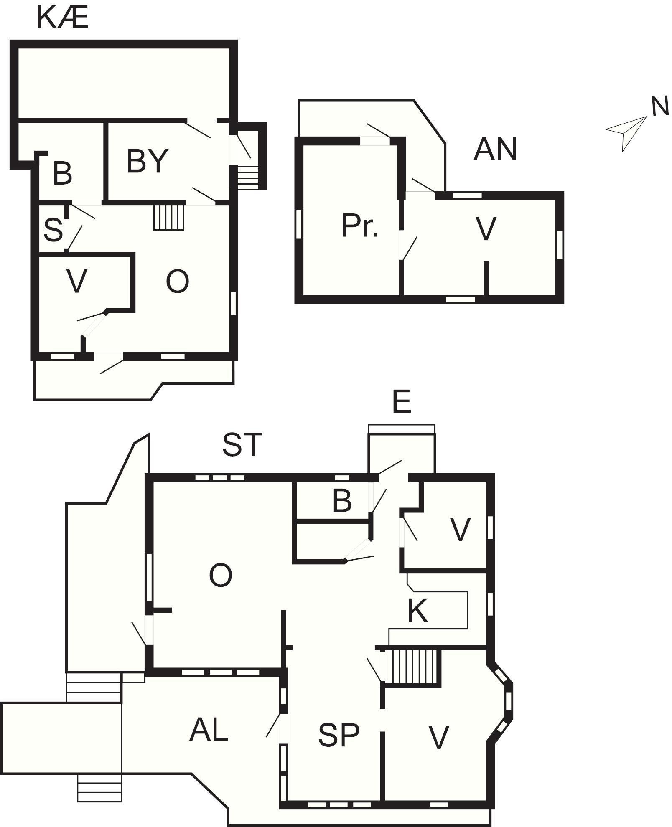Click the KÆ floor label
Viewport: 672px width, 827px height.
(63, 18)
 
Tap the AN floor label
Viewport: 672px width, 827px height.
(495, 150)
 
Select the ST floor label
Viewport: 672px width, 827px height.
(242, 444)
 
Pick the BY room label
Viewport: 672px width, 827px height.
(147, 161)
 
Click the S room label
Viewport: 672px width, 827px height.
(53, 230)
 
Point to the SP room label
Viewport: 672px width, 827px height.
(339, 735)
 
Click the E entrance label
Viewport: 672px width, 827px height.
(402, 402)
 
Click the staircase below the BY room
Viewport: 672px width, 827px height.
(169, 217)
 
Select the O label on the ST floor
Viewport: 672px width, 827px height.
(220, 575)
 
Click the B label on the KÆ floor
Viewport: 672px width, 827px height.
(62, 174)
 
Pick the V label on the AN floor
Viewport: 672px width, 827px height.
(486, 229)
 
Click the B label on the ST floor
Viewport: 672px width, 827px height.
(342, 500)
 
